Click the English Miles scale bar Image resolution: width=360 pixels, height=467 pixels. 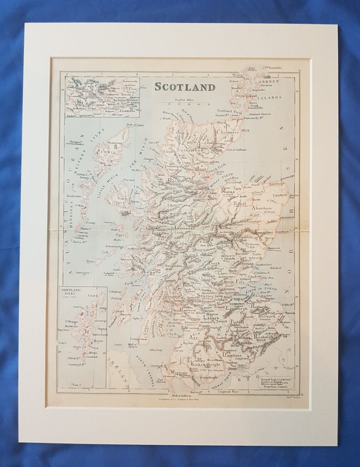coord(183,105)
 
